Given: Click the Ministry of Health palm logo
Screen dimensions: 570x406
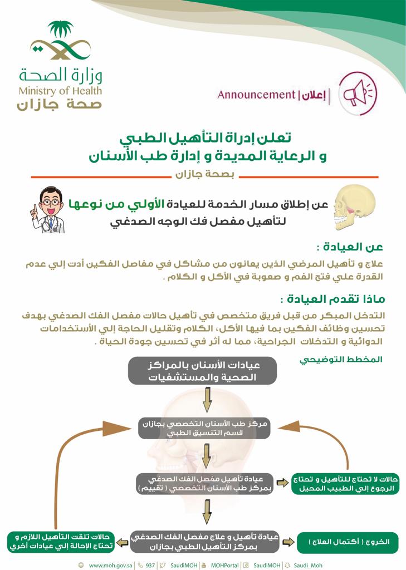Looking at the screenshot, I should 60,42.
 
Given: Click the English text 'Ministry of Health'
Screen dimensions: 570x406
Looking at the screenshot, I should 60,91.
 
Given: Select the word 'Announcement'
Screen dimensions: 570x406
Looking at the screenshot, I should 256,95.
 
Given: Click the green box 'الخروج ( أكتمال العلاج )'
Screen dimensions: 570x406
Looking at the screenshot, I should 348,541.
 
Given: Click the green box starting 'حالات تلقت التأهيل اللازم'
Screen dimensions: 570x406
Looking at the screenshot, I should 61,541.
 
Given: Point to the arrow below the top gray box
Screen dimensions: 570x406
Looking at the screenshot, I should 206,399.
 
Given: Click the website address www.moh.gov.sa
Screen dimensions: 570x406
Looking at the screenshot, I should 110,565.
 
